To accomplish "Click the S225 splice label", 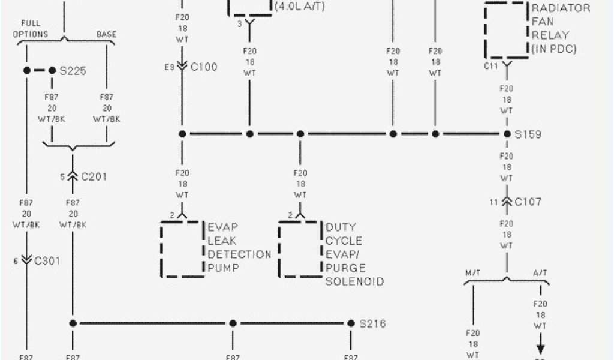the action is [73, 71].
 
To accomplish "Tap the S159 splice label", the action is [528, 134].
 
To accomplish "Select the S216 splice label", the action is [372, 324].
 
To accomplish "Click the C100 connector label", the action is [204, 67].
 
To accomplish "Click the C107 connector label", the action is [527, 202].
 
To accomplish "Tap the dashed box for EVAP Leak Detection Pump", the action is [182, 249].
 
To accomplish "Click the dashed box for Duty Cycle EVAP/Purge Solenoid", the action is [300, 249].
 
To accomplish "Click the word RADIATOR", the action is [561, 8].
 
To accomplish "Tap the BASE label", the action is [106, 34].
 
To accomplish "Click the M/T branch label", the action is [474, 273].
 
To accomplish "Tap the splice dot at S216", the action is [351, 323].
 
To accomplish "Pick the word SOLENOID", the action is [355, 281].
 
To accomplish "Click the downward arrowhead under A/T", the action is [540, 350].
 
